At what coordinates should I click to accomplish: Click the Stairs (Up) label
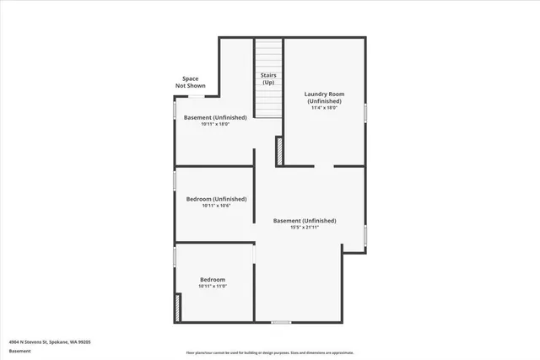tap(268, 79)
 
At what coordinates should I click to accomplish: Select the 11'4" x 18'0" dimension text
tap(324, 108)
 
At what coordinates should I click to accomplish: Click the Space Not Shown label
tap(191, 82)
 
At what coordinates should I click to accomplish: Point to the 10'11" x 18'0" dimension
tap(215, 124)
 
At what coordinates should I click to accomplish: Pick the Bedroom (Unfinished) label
tap(216, 199)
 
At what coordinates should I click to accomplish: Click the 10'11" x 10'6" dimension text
tap(215, 206)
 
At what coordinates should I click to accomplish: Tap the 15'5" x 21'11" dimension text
tap(305, 227)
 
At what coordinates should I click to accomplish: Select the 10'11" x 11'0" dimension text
tap(213, 286)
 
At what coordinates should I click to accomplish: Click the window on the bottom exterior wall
tap(281, 322)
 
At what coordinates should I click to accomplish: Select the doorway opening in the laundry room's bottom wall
tap(325, 166)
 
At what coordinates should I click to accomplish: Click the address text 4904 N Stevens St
tap(50, 341)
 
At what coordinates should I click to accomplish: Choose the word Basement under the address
tap(19, 351)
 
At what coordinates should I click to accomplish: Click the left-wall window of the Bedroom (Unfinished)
tap(175, 180)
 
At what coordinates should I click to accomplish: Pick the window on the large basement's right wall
tap(365, 239)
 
